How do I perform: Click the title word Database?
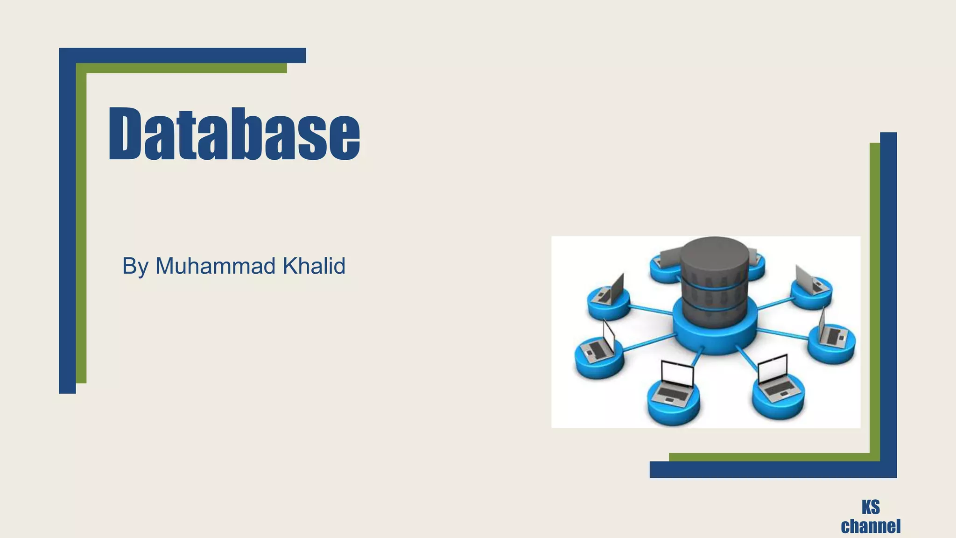(x=234, y=134)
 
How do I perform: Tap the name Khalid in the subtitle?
(x=314, y=266)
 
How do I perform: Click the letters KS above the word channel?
(x=871, y=507)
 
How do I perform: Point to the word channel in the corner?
(x=871, y=526)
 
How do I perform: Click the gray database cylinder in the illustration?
(x=714, y=280)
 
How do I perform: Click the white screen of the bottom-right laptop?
(x=773, y=368)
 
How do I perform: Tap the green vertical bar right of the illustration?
(x=874, y=299)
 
